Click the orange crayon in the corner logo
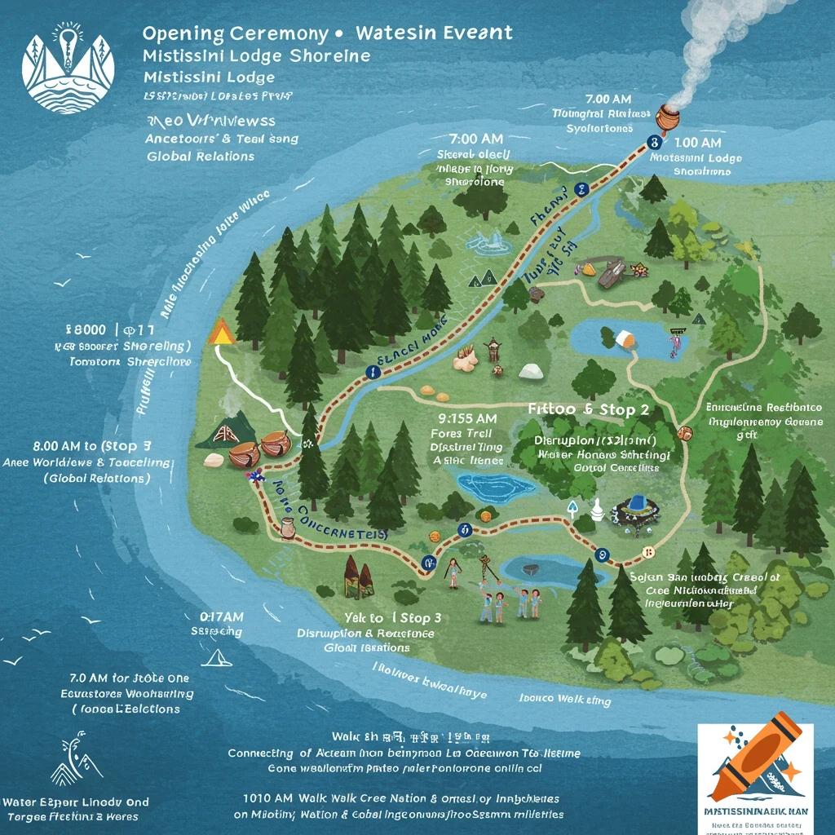click(x=754, y=753)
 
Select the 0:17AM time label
click(x=222, y=617)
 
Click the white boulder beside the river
click(x=531, y=371)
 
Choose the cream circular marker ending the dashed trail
click(x=648, y=554)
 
